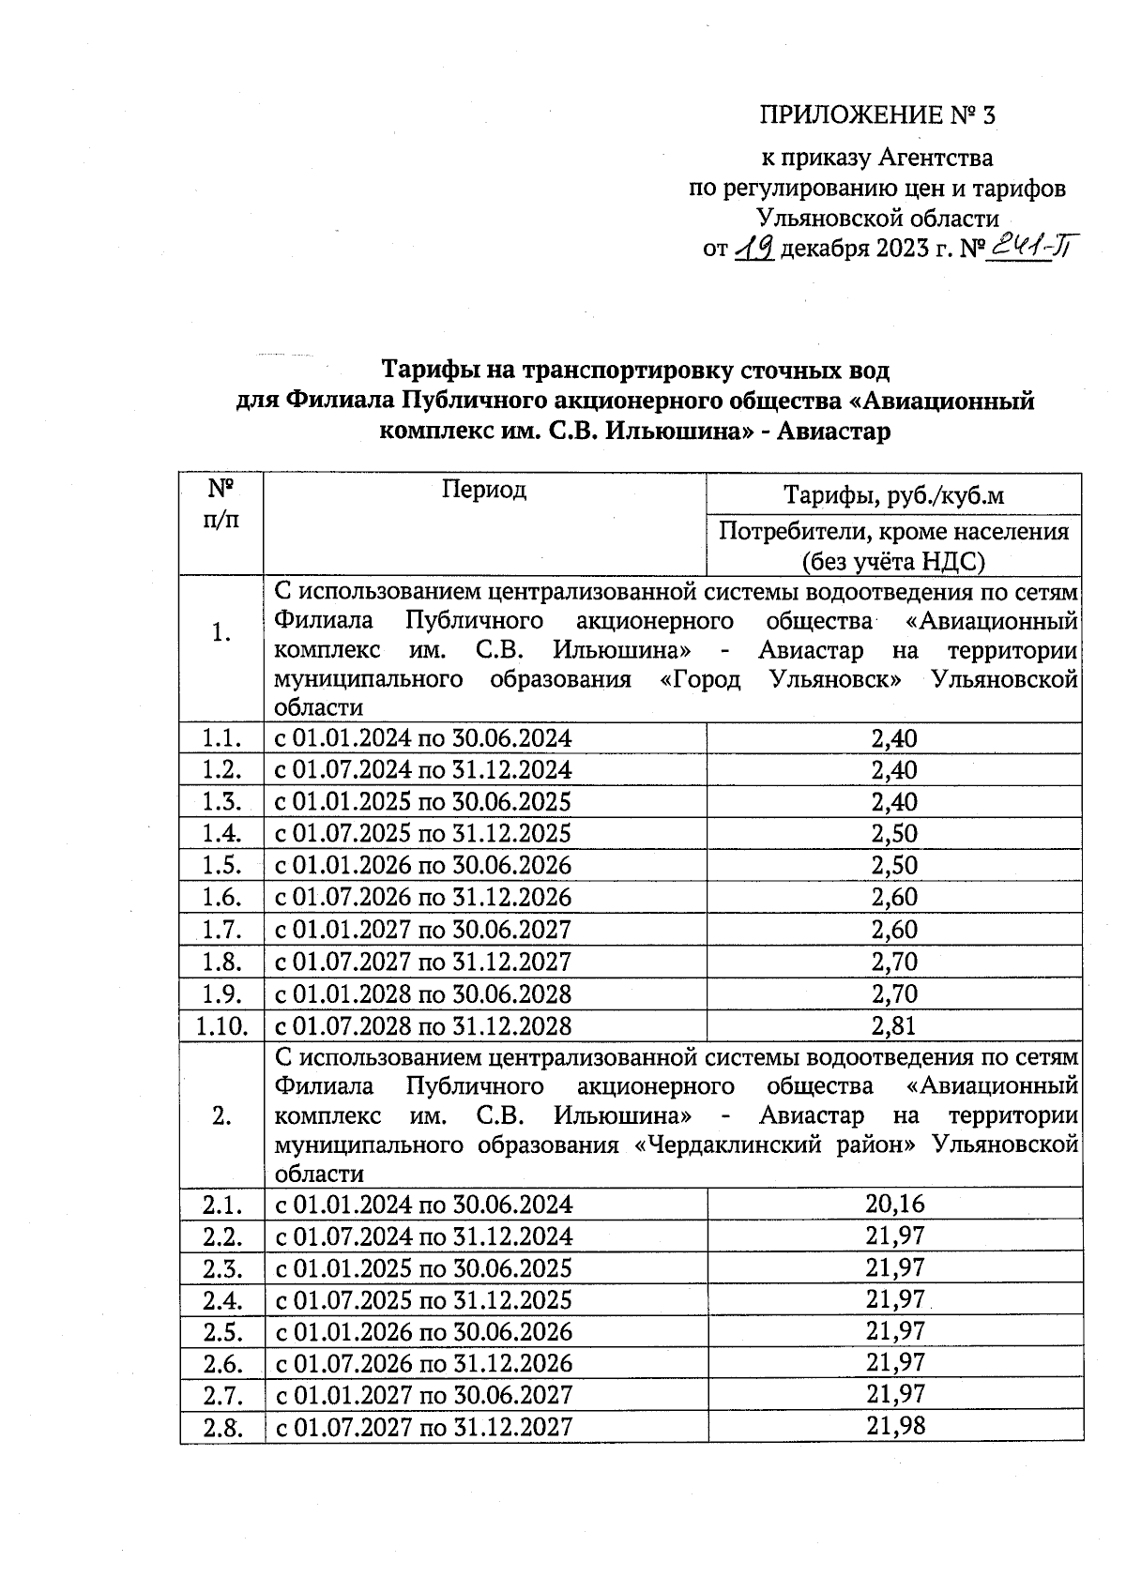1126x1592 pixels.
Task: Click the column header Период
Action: [x=484, y=489]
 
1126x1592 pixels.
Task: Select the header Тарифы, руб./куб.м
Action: [x=893, y=495]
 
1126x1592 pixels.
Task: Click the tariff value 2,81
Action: [x=893, y=1025]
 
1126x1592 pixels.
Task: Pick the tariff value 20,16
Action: [x=895, y=1204]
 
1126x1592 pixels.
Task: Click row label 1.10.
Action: [x=221, y=1025]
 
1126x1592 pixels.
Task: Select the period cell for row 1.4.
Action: [x=422, y=834]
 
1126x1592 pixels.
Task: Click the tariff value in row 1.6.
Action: [x=893, y=898]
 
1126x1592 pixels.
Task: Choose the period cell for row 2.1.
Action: [x=422, y=1205]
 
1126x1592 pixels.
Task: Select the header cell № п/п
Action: [x=221, y=505]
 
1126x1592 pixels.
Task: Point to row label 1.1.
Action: [x=222, y=739]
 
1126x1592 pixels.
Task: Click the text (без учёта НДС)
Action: [x=893, y=561]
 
